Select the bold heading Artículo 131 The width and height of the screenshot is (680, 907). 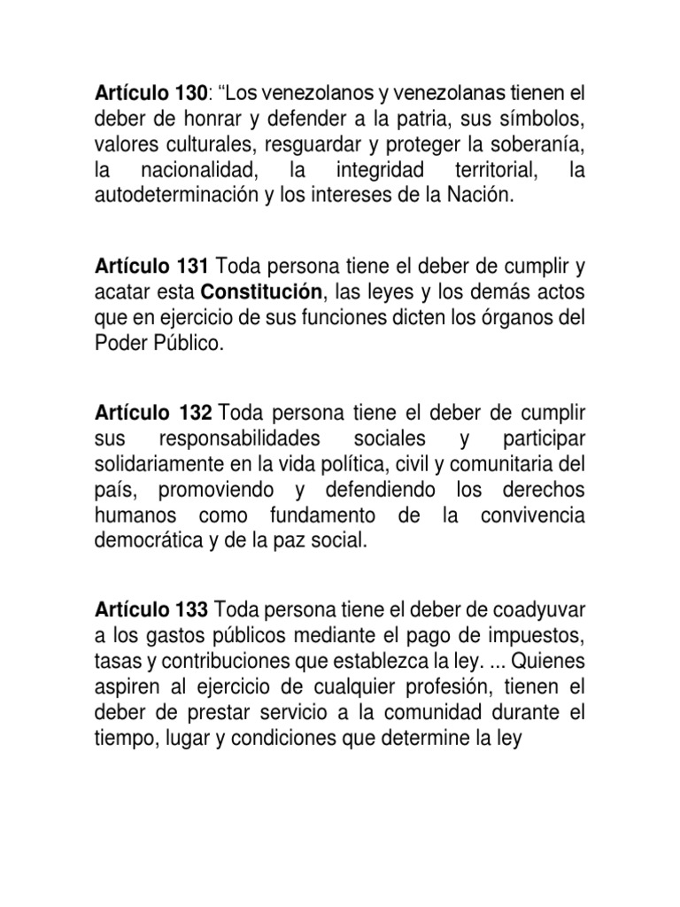pos(151,267)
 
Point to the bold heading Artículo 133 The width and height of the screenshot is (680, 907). pos(151,609)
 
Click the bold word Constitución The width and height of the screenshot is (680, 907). pos(260,291)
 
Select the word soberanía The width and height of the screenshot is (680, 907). pos(537,144)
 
